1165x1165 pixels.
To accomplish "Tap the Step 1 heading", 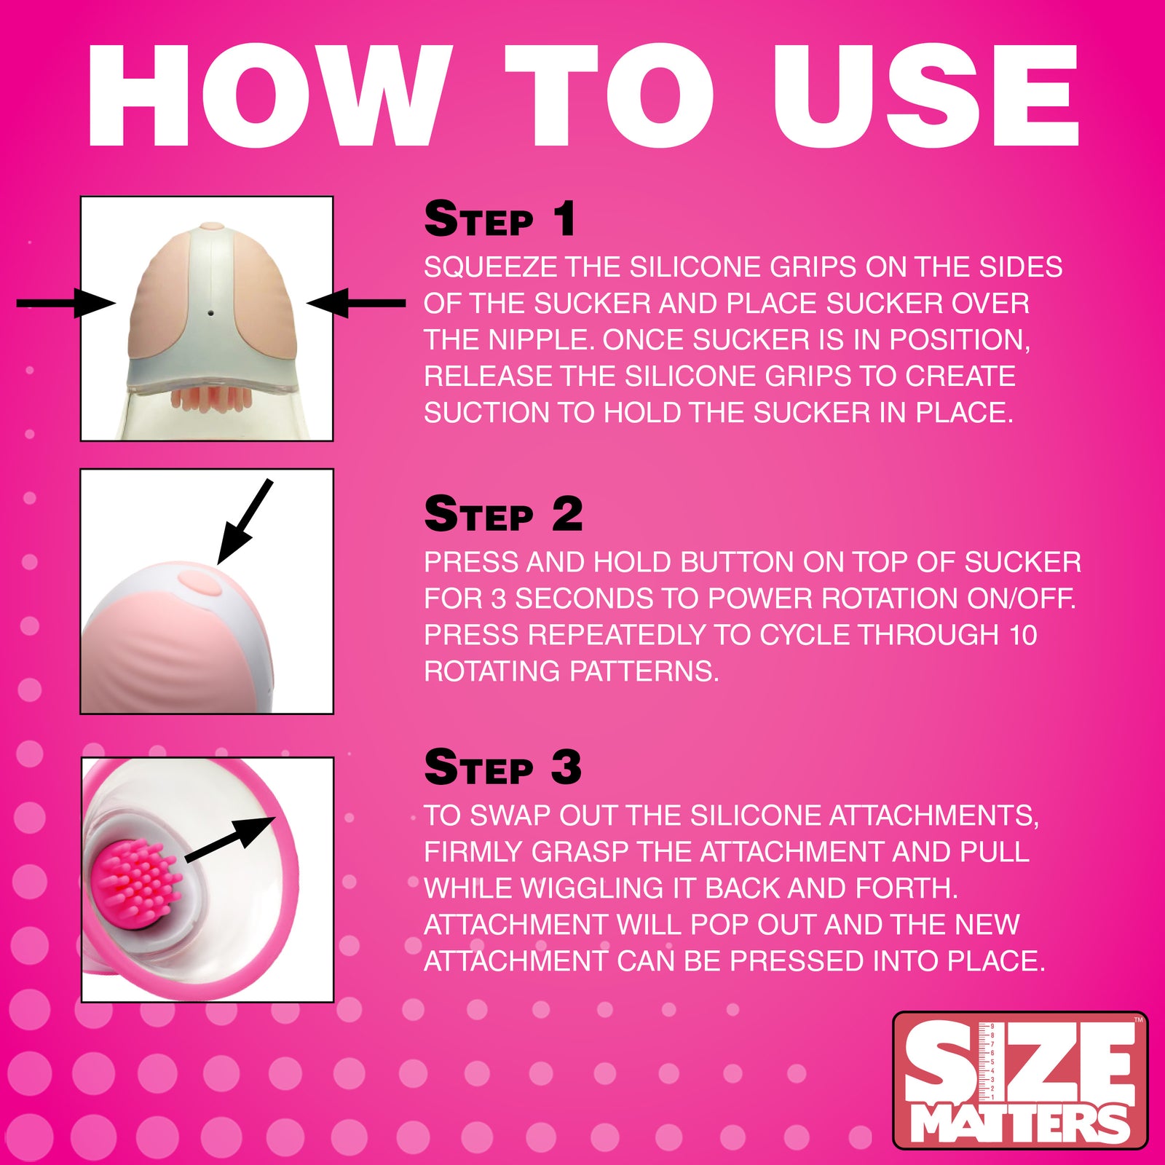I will coord(499,219).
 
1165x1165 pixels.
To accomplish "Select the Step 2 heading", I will coord(503,514).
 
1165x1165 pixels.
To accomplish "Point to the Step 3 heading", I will coord(503,767).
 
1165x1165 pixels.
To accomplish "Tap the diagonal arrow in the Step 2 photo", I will coord(244,522).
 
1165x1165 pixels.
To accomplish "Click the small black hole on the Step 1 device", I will coord(210,312).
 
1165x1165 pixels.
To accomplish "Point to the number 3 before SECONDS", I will coord(498,599).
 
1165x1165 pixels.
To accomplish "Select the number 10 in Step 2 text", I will coord(1022,635).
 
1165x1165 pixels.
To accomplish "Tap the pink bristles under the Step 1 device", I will coord(211,399).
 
